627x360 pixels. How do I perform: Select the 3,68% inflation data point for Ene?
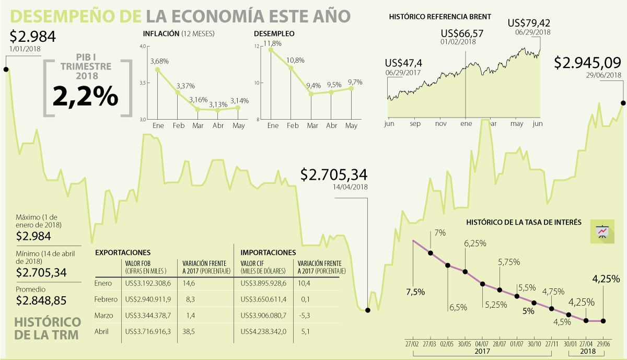157,69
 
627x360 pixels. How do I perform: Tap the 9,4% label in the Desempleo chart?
314,85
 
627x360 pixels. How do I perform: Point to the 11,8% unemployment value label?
272,43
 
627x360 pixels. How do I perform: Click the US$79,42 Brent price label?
529,24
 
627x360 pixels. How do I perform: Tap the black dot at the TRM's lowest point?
368,310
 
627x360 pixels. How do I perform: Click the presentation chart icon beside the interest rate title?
602,231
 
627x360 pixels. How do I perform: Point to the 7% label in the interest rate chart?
439,233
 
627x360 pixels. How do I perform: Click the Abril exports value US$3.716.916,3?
148,331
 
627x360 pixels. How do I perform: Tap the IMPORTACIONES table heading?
268,252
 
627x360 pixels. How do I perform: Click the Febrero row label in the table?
106,299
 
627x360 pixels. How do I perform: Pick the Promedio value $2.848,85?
41,300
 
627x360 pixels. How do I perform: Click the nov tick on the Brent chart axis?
440,124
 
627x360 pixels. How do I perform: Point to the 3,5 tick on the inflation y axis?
143,84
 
